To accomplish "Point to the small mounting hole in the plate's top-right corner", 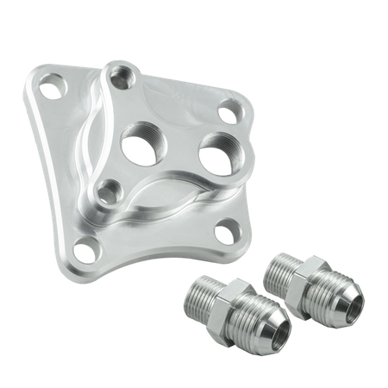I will coord(228,110).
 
